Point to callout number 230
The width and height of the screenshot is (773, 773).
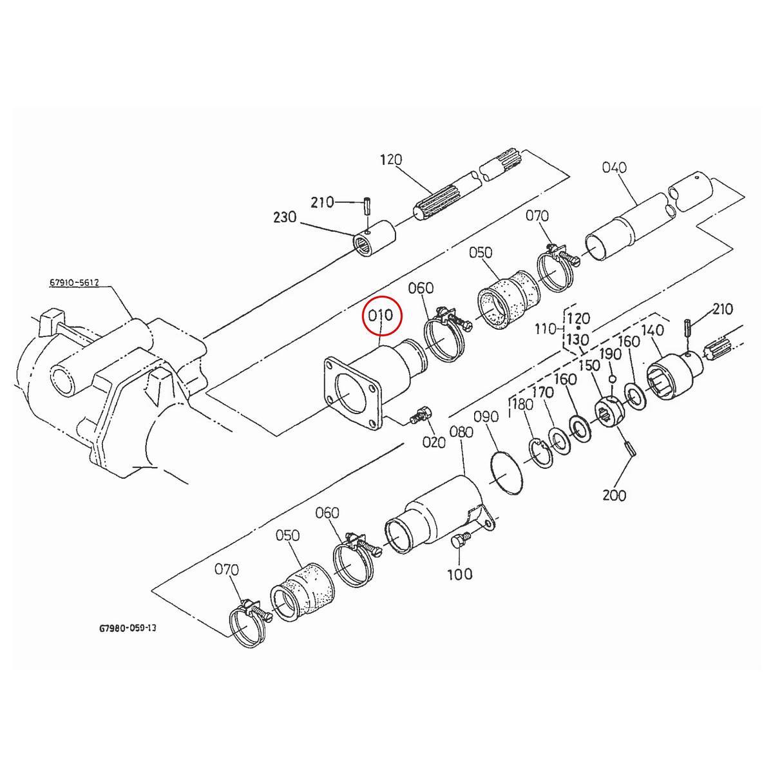tap(284, 218)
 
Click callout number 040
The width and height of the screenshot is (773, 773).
tap(614, 167)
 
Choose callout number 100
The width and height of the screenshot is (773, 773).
tap(459, 573)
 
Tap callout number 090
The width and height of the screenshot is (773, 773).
tap(486, 417)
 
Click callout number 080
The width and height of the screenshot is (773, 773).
tap(463, 432)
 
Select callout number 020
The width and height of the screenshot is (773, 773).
tap(434, 442)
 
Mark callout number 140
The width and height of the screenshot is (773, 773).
tap(653, 330)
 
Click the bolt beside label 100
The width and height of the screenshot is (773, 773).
tap(461, 540)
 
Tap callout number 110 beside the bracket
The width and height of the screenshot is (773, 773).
tap(546, 330)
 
